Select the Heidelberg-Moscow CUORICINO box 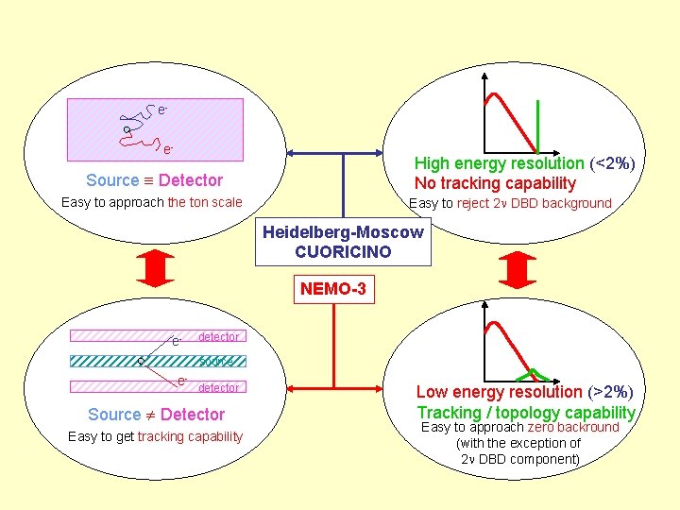[x=343, y=242]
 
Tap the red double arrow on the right [x=517, y=270]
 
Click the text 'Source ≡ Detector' [x=154, y=180]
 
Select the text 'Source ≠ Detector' [x=156, y=415]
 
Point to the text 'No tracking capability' [x=495, y=183]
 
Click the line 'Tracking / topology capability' [x=526, y=412]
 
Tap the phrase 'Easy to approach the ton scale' [x=151, y=202]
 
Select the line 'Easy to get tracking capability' [x=155, y=436]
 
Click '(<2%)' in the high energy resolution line [x=612, y=163]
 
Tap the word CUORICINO [x=343, y=252]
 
